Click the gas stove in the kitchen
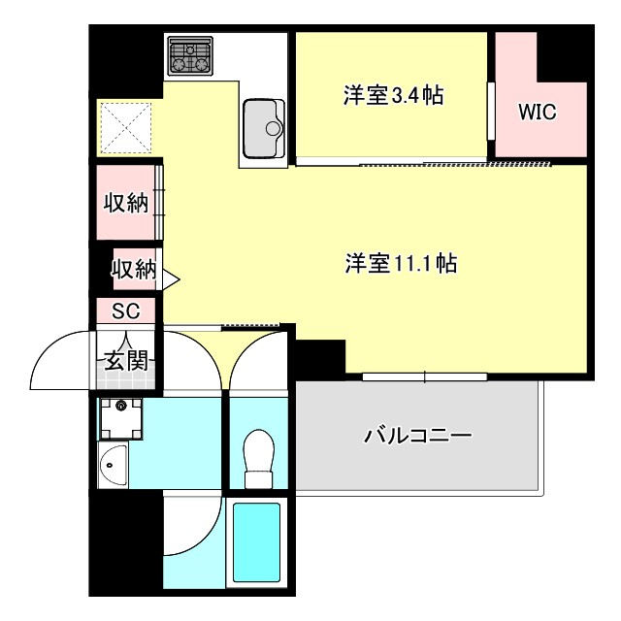tap(191, 55)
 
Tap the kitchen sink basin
tap(262, 126)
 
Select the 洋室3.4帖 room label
tap(393, 95)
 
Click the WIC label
tap(537, 112)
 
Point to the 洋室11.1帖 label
tap(401, 263)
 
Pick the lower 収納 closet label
tap(133, 270)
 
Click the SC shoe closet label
tap(126, 311)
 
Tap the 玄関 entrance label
tap(125, 361)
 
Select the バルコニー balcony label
tap(418, 436)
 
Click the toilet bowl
tap(259, 456)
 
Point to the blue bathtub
tap(256, 542)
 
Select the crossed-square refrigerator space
tap(126, 127)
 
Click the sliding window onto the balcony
tap(424, 376)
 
